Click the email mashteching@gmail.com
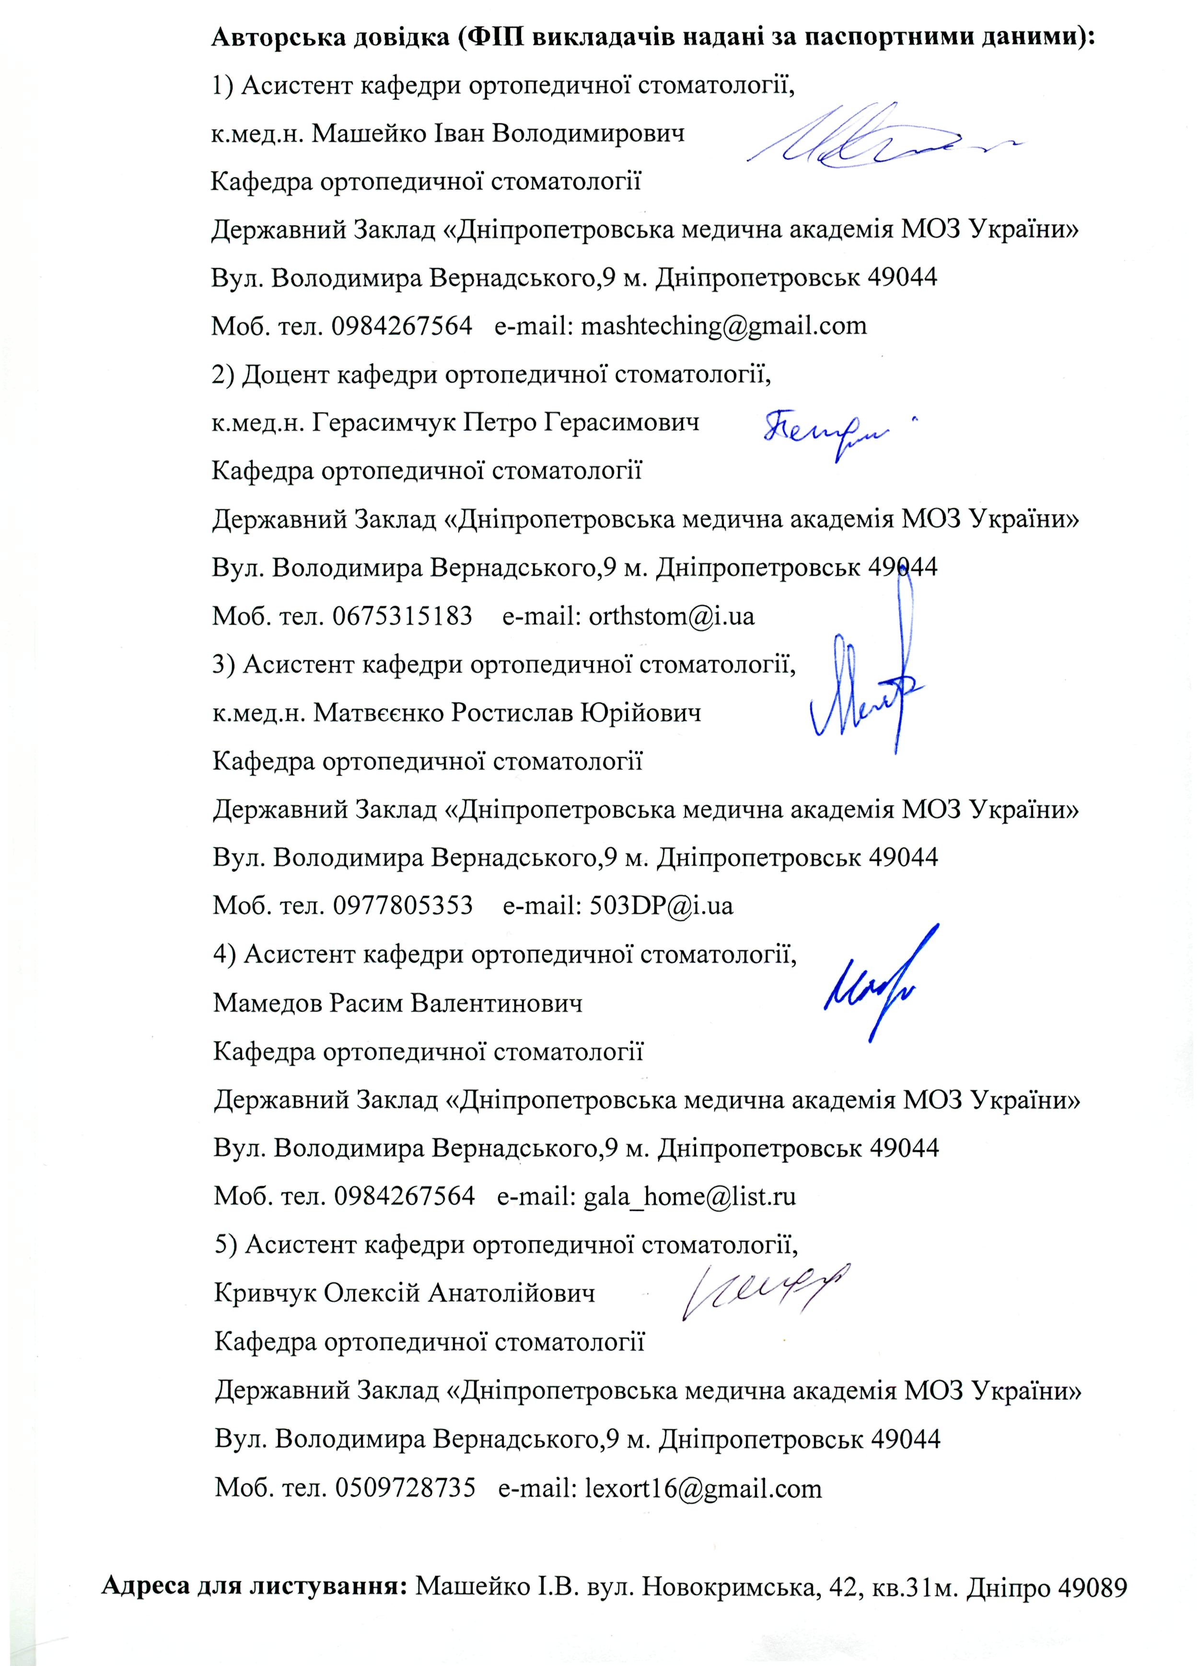coord(723,326)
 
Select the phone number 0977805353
coord(402,906)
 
